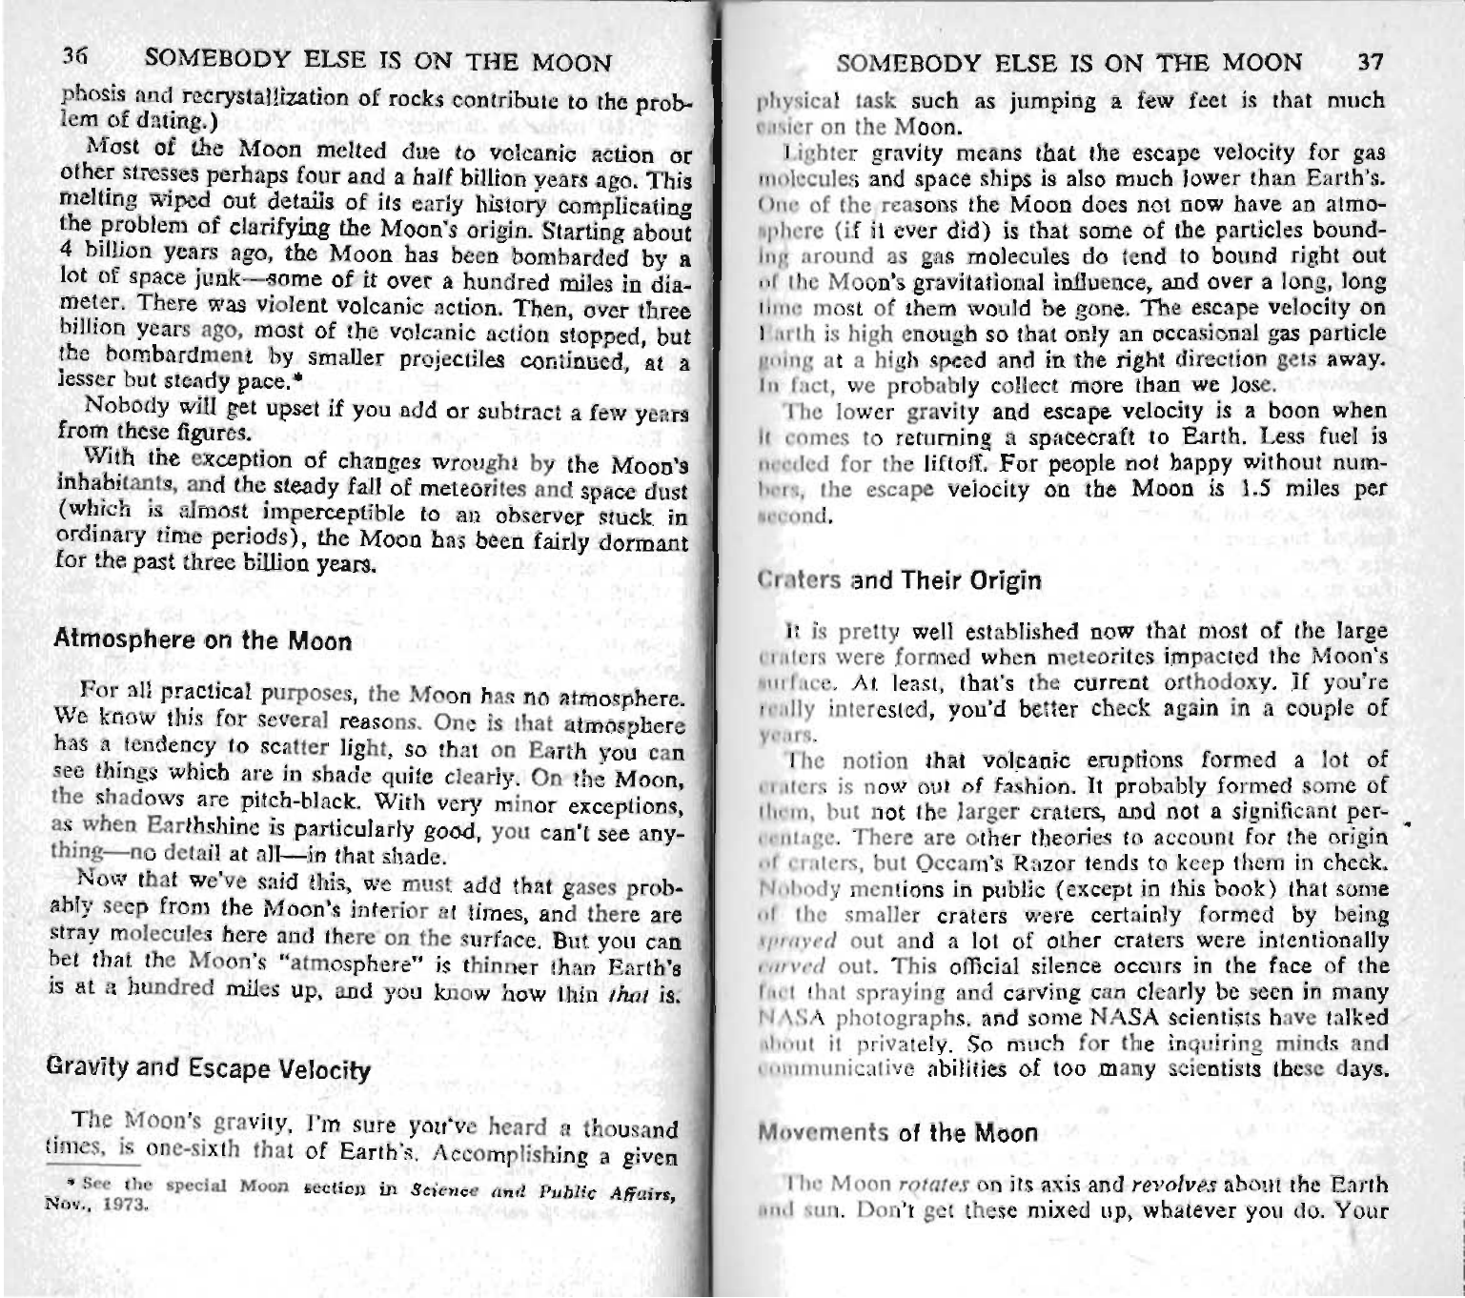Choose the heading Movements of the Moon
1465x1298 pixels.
[x=897, y=1133]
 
